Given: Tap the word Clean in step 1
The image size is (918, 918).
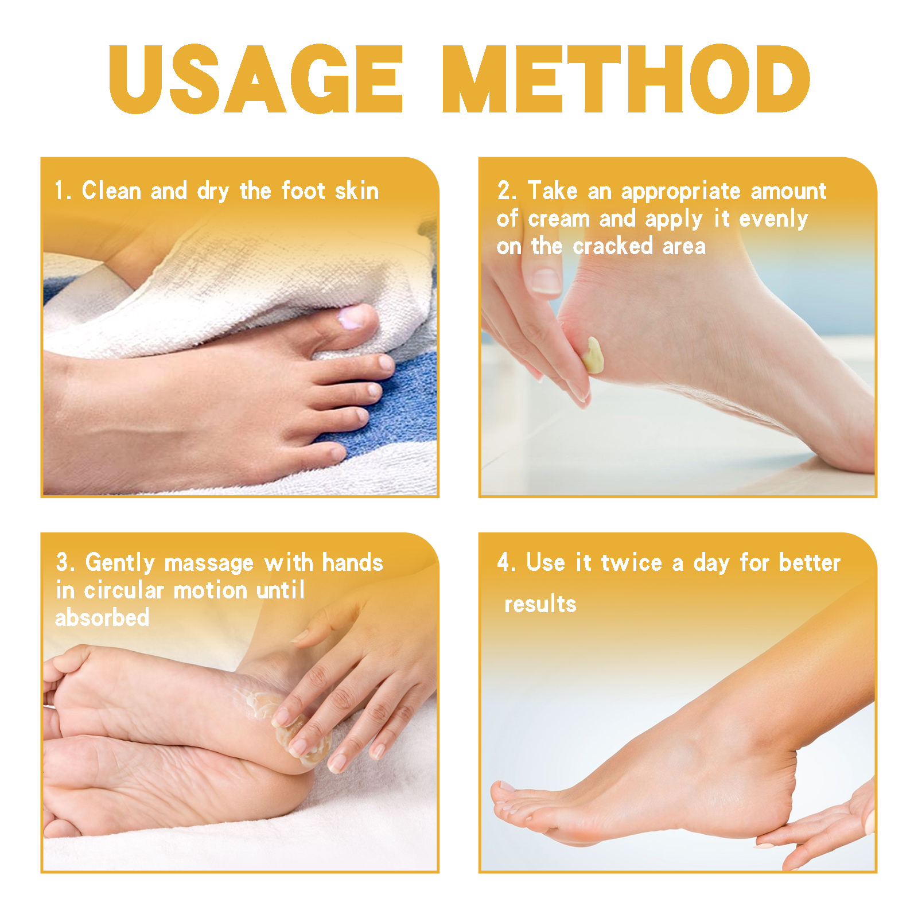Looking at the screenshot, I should click(x=111, y=191).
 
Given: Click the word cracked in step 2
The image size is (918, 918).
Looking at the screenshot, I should click(x=613, y=247).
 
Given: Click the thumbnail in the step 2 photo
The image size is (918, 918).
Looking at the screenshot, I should click(x=546, y=281).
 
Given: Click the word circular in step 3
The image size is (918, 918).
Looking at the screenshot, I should click(x=124, y=591).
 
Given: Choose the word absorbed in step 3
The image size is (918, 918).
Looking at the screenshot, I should click(x=102, y=618).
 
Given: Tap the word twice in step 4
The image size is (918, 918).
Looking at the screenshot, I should click(x=631, y=563).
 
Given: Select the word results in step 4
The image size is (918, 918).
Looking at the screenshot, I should click(x=540, y=604).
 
